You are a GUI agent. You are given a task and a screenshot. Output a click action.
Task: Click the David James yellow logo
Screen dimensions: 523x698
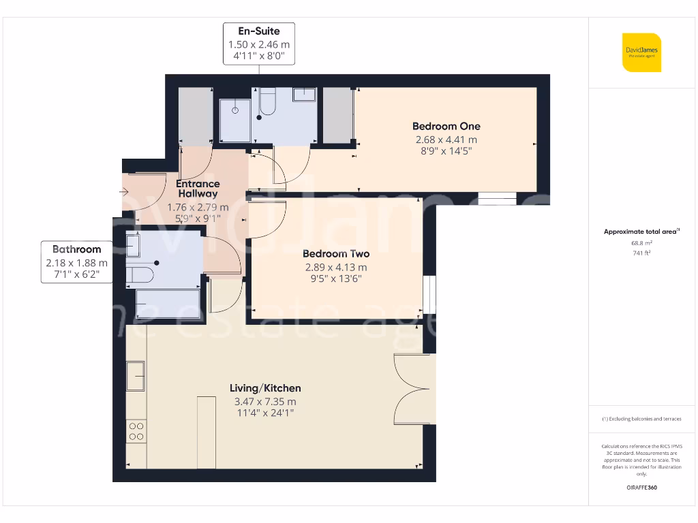coord(641,52)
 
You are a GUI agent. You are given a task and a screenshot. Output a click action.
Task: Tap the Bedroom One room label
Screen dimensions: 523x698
coord(446,126)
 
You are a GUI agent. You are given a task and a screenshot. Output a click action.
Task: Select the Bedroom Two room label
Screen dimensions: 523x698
coord(335,254)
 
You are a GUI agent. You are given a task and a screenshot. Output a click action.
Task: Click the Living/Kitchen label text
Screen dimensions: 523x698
coord(265,388)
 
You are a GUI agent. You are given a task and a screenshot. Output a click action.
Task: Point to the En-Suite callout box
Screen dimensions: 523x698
coord(259,44)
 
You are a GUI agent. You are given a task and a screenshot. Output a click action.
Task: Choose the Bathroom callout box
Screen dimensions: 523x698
coord(76,262)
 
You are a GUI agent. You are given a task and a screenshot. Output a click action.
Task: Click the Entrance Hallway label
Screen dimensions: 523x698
coord(198,189)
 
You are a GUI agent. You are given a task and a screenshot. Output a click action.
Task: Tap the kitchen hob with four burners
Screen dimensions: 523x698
coord(136,432)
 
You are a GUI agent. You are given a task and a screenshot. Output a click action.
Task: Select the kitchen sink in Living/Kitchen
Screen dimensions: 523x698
coord(136,376)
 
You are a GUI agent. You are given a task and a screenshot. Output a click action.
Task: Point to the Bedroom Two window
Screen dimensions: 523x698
coord(429,294)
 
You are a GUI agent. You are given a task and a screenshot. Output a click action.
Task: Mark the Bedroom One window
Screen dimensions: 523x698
coord(497,199)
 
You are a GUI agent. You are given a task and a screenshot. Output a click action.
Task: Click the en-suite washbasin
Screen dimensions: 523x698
coord(304,94)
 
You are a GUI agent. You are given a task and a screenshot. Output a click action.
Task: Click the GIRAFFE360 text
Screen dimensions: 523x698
coord(641,488)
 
